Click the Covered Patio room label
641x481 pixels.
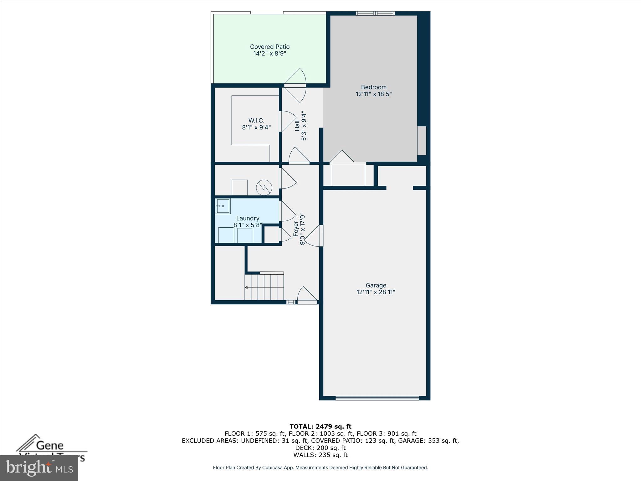point(269,47)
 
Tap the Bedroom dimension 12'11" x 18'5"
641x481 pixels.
point(373,94)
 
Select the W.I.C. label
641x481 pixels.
point(256,121)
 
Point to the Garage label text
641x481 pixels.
point(376,285)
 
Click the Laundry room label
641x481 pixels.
point(248,218)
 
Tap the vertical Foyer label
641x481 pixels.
point(296,229)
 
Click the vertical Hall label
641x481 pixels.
point(297,126)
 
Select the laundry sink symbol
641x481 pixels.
point(223,206)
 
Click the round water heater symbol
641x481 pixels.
point(264,188)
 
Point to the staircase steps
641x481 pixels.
point(264,287)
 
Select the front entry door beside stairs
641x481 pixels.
point(307,296)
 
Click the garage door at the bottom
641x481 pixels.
point(377,398)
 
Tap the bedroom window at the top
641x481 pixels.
point(375,13)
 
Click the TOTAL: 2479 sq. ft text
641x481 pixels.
point(320,427)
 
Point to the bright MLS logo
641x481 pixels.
point(39,468)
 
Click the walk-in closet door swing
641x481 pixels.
point(287,121)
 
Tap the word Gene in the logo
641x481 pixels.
point(50,445)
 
